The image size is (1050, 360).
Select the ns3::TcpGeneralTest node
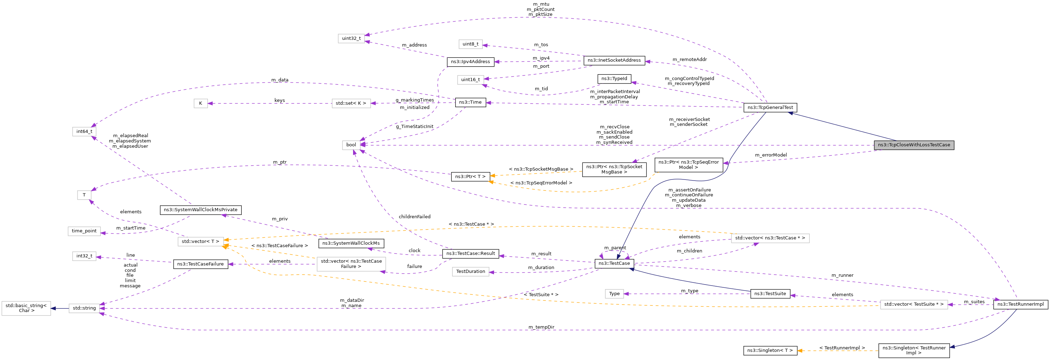(x=770, y=108)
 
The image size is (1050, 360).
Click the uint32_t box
(x=351, y=39)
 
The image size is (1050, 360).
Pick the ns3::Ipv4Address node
(x=470, y=62)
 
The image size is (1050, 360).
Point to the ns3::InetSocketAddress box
(x=614, y=60)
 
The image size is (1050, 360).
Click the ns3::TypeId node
(x=614, y=79)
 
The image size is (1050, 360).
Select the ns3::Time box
(x=470, y=102)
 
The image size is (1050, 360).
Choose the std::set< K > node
(x=351, y=104)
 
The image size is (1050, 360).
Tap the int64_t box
(x=84, y=132)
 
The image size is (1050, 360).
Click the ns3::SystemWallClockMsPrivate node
(x=200, y=210)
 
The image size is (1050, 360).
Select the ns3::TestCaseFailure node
(x=200, y=264)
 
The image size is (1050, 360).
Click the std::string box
(x=84, y=308)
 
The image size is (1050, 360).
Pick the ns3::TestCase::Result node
(x=470, y=254)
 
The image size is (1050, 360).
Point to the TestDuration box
(x=470, y=271)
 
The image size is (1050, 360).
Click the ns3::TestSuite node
(x=770, y=294)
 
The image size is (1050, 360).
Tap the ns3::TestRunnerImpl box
(x=1020, y=304)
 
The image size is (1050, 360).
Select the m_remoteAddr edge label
(x=689, y=60)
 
